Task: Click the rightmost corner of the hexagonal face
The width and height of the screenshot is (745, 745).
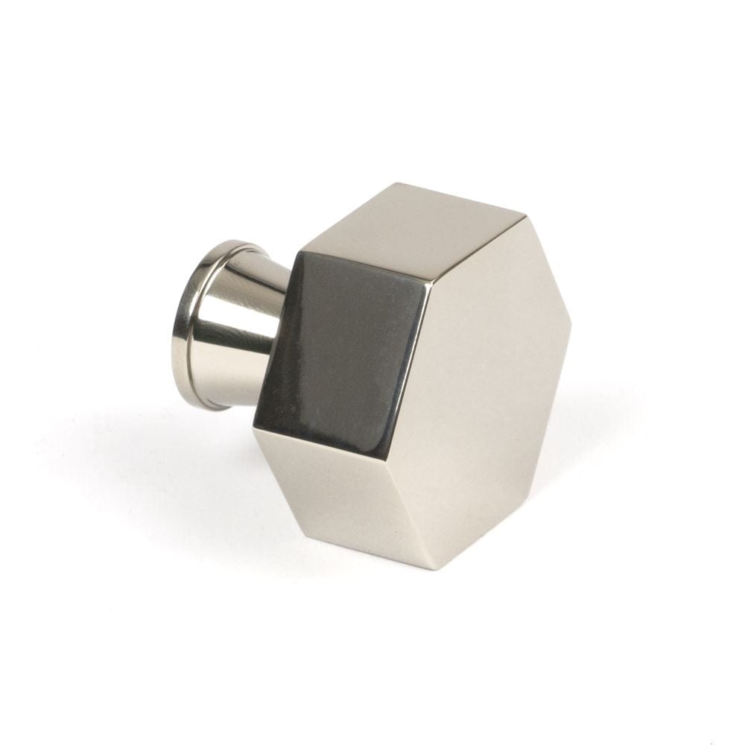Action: [x=571, y=326]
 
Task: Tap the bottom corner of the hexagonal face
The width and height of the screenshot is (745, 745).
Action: [x=437, y=569]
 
